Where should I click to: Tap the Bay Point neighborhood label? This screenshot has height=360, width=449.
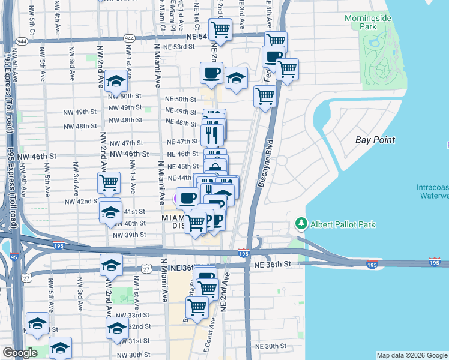point(375,140)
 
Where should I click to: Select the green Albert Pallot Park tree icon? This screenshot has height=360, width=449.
point(301,224)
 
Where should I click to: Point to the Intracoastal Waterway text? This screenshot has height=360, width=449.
point(432,191)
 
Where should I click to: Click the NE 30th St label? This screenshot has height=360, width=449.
point(271,346)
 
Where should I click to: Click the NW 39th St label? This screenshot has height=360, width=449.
point(130,235)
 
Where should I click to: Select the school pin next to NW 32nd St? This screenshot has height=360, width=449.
point(116,328)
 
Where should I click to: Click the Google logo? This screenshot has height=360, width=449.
point(20,353)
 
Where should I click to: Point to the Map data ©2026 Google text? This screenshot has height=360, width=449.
point(411,355)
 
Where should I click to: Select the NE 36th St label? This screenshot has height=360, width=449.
point(273,264)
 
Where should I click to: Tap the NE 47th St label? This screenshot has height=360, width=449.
point(183,142)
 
